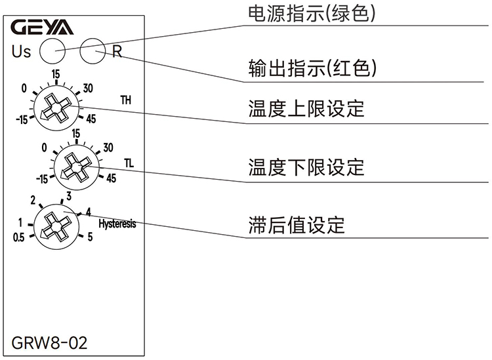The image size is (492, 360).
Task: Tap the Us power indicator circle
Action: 52,50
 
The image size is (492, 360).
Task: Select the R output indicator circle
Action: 92,50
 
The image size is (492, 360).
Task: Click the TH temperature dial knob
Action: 56,106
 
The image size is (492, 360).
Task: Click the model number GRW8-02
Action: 49,342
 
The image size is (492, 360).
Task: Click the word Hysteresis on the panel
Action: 117,224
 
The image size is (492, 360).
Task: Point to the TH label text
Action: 125,100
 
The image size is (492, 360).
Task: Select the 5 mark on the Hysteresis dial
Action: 90,237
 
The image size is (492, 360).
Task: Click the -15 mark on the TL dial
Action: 43,178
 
